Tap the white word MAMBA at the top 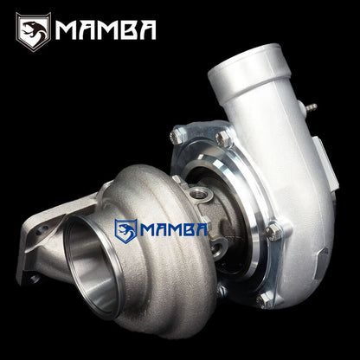point(105,31)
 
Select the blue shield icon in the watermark point(125,230)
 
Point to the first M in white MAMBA point(67,31)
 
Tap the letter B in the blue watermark point(187,231)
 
